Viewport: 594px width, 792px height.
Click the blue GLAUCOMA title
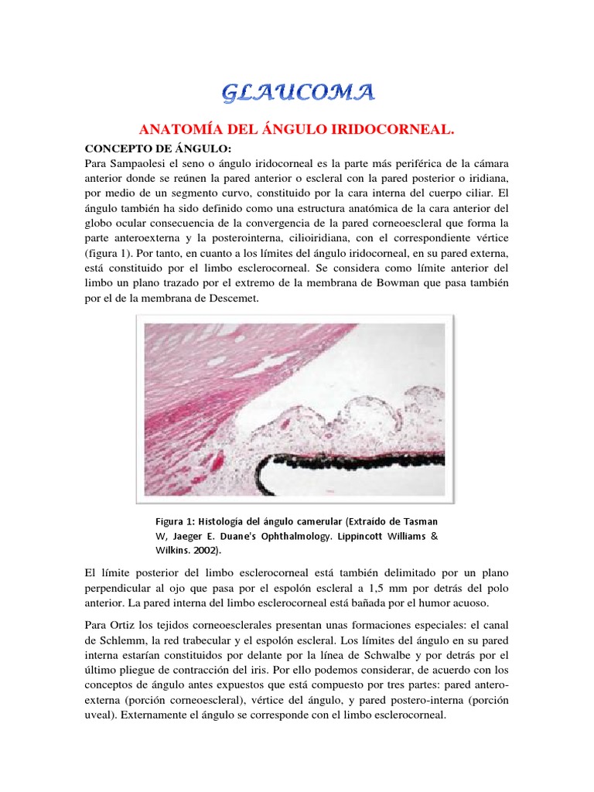[x=298, y=94]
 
